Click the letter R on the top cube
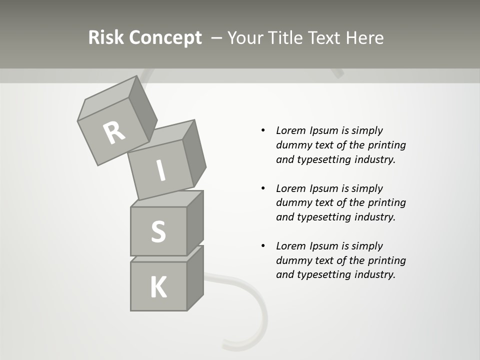[114, 132]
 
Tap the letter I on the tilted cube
[160, 171]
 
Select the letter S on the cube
[158, 231]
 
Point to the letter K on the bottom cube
[158, 287]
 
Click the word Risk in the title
[106, 38]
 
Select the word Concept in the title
[165, 38]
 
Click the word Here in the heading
[364, 38]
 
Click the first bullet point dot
[263, 130]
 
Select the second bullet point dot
[263, 188]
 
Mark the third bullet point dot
[263, 246]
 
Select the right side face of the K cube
[195, 277]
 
